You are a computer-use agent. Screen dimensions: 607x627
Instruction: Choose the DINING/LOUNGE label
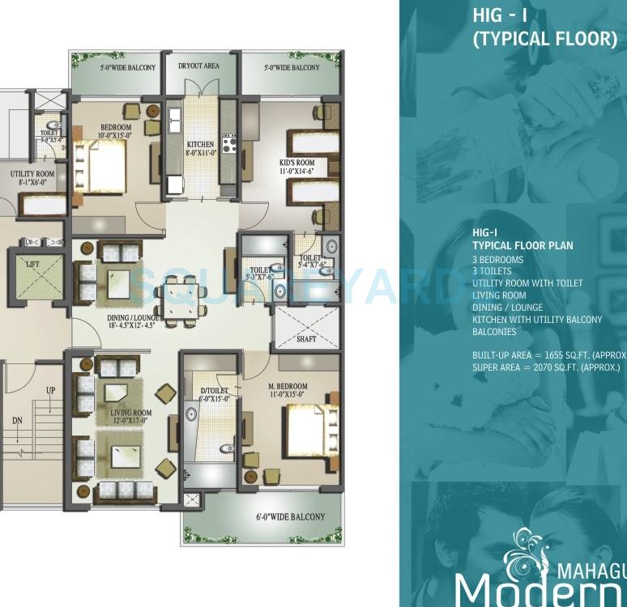134,318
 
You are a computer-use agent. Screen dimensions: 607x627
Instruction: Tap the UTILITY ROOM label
32,175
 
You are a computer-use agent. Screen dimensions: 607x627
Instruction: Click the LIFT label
32,265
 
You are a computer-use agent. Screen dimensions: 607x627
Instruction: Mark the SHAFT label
306,340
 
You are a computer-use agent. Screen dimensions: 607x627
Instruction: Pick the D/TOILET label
215,392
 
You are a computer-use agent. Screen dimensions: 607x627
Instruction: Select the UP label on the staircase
50,391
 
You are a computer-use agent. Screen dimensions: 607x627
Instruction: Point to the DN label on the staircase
18,421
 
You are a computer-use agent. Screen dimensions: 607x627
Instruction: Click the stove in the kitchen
229,144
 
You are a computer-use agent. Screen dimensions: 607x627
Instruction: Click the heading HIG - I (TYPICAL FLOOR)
544,28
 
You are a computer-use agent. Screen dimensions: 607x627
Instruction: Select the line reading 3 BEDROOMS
497,260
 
